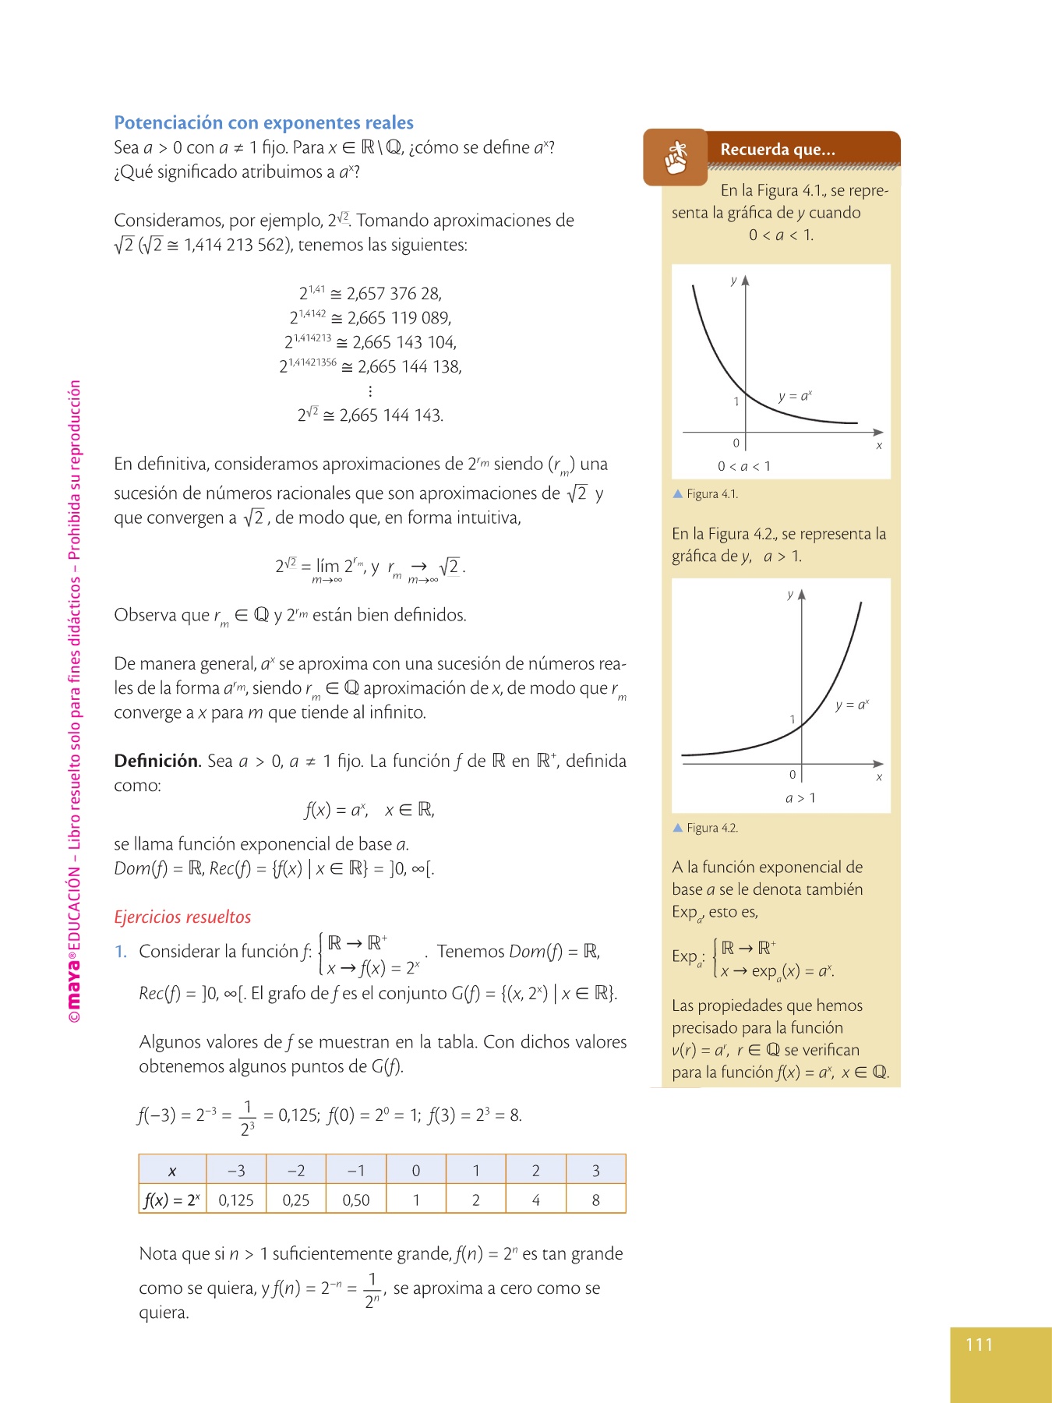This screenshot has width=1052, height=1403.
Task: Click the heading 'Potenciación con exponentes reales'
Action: (x=263, y=122)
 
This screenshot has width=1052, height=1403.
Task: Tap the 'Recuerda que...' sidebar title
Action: (x=777, y=149)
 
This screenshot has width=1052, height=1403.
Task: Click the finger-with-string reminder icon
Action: (x=676, y=157)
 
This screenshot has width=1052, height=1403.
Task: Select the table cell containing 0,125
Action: (x=236, y=1200)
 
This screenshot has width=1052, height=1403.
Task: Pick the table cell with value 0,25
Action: (x=296, y=1200)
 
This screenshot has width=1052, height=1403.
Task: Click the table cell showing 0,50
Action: (x=356, y=1200)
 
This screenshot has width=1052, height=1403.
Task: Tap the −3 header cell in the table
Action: (x=236, y=1170)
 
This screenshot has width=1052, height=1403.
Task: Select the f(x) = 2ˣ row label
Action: (x=172, y=1200)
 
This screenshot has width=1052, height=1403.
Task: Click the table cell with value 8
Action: (x=596, y=1200)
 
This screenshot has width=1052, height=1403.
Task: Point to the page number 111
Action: (x=979, y=1344)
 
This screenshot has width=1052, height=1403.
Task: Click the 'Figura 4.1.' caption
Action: (x=711, y=493)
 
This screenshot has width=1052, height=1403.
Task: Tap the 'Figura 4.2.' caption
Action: (x=711, y=828)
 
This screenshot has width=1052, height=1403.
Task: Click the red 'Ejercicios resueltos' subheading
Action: (x=182, y=917)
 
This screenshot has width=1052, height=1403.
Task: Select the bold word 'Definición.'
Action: (x=157, y=761)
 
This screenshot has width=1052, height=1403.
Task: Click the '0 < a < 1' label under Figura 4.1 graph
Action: (x=744, y=466)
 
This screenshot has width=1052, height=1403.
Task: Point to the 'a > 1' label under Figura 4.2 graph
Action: (x=800, y=797)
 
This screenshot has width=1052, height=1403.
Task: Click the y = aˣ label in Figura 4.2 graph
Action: (x=852, y=705)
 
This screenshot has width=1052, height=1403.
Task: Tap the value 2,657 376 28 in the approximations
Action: (x=394, y=294)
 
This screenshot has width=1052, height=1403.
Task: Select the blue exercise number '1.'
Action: (x=121, y=951)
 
